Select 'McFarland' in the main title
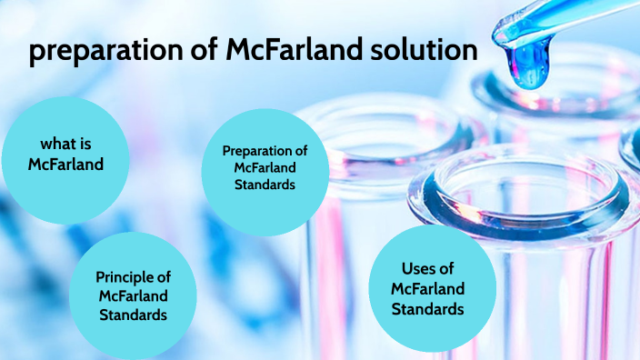tap(281, 50)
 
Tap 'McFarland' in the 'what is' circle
tap(65, 165)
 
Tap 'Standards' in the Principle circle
tap(133, 315)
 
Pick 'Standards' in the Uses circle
tap(427, 309)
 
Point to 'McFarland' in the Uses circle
tap(427, 289)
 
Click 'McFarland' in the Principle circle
tap(133, 296)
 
